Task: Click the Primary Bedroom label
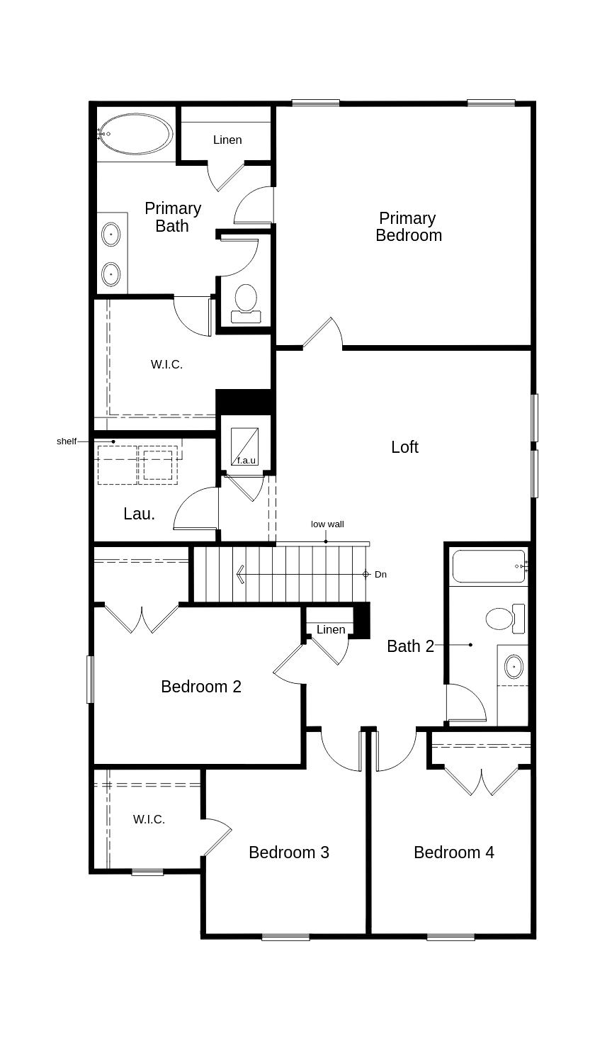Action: pos(408,227)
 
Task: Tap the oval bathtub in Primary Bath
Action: pos(135,134)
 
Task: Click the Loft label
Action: pos(404,447)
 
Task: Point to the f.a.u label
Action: pos(246,460)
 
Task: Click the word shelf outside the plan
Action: pos(67,441)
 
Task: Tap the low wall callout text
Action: pos(327,524)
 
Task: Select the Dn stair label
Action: pos(380,575)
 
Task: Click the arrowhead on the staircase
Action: pos(241,575)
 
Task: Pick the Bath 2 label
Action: pos(410,646)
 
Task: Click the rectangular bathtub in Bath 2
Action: pos(489,566)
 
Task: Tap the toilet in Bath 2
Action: pos(505,619)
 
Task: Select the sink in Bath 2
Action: pos(514,666)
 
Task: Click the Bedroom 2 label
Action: pos(201,687)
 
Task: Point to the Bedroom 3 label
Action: pos(289,853)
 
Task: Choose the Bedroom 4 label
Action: pos(454,853)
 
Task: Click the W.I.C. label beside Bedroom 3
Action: pos(149,819)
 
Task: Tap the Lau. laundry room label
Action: pos(139,514)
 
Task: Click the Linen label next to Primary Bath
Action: pos(227,140)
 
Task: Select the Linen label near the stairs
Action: pos(331,629)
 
